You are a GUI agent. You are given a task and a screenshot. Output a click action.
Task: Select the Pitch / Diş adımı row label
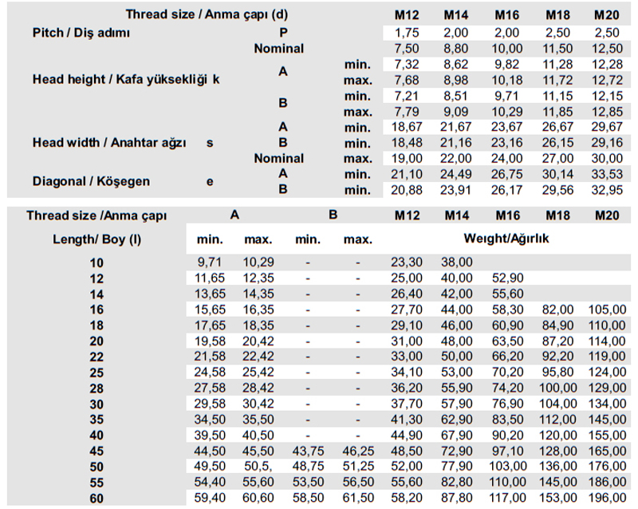point(81,33)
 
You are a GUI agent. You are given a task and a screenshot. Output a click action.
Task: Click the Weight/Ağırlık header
point(506,238)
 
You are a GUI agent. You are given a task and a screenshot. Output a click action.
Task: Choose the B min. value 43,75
point(309,452)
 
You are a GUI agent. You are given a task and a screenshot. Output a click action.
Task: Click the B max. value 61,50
point(358,499)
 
